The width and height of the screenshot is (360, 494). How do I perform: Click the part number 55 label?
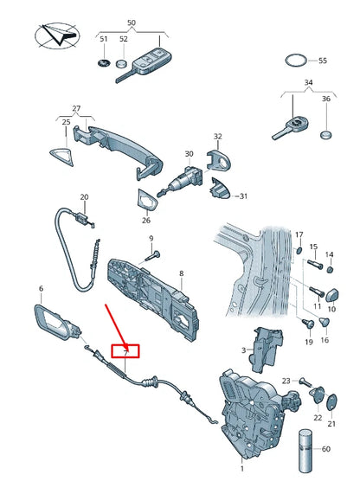coord(323,61)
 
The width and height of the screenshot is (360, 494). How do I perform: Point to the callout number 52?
coord(124,39)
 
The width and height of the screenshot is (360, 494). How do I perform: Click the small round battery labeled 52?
coord(121,64)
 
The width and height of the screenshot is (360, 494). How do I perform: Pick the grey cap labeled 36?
coord(326,135)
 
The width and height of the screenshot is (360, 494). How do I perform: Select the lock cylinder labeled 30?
coord(181,181)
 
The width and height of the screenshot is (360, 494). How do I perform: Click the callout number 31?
coord(243,196)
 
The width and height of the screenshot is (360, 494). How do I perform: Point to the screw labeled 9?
coord(153,255)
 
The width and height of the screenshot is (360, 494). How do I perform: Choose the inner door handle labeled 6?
coord(57,323)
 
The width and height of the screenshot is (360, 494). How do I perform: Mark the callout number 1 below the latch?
coord(242,469)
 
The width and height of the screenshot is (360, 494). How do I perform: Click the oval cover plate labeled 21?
coord(331,402)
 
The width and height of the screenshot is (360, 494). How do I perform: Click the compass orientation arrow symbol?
coord(57,35)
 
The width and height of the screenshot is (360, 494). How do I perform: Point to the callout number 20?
coord(84,197)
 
